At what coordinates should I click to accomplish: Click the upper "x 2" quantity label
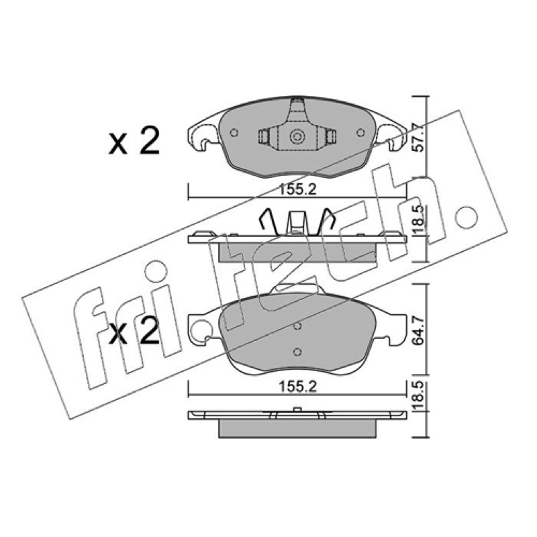tap(134, 140)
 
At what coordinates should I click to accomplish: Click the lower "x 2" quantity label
tap(134, 331)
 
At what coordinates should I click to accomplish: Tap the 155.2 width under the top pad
tap(297, 189)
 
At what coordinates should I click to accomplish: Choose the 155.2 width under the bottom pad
tap(297, 387)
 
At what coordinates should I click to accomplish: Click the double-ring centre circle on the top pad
tap(297, 137)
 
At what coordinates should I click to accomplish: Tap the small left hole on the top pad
tap(234, 132)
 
